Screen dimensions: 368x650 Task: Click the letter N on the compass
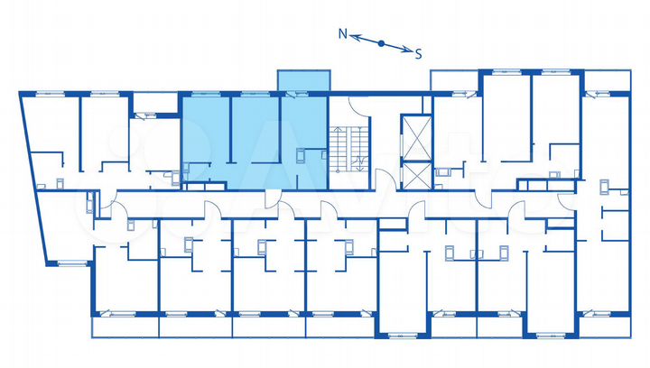click(343, 33)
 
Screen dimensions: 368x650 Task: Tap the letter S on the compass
click(419, 53)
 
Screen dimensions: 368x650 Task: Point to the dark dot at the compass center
click(381, 42)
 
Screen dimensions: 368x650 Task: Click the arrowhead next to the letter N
click(355, 37)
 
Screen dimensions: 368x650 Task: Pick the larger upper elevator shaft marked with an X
click(415, 137)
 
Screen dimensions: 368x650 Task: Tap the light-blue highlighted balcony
click(303, 80)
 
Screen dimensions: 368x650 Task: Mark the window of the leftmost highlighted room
click(205, 92)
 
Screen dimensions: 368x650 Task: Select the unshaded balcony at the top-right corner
click(455, 79)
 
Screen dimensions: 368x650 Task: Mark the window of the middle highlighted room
click(255, 92)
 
